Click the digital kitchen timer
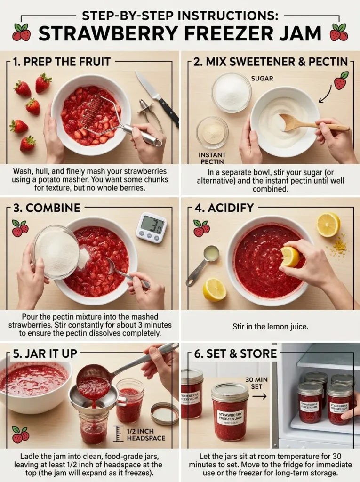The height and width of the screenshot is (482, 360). point(151,227)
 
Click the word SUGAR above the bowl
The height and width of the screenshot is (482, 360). point(262,78)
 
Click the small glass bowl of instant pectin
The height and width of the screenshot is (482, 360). point(212,132)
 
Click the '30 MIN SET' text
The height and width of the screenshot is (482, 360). point(256,384)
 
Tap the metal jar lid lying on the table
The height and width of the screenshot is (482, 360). point(164,413)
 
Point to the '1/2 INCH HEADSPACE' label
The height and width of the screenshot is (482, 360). point(146,434)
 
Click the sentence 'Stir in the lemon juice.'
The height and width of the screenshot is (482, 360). point(270,326)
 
